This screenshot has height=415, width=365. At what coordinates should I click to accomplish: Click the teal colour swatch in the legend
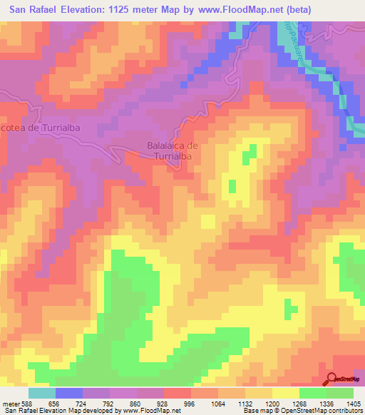pos(42,392)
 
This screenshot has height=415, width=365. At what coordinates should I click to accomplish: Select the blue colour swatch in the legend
pos(69,392)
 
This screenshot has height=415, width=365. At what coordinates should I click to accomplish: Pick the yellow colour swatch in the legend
pos(286,392)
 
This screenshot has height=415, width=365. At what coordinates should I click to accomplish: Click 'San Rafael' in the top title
pos(32,10)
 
